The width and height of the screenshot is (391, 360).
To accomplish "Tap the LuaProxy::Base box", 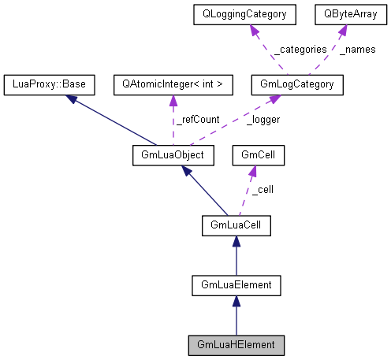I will [x=49, y=83].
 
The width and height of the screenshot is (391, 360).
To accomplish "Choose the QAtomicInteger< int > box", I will [x=173, y=83].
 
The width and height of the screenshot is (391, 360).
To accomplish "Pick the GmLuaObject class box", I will [x=169, y=155].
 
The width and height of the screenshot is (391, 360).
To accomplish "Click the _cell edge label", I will [x=262, y=190].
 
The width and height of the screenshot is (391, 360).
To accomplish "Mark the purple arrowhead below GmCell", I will [x=255, y=172].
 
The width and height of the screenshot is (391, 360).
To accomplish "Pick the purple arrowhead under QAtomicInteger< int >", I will [x=173, y=99].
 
